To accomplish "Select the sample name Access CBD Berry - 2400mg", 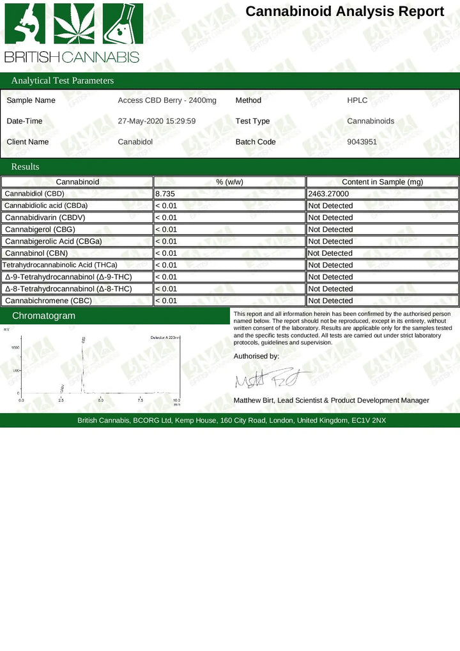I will click(167, 100).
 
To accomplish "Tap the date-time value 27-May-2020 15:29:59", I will click(157, 121).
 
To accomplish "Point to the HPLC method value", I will click(357, 100).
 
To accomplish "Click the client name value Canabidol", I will click(135, 142).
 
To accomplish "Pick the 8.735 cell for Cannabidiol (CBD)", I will click(165, 193).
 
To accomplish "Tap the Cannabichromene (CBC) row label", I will click(48, 301).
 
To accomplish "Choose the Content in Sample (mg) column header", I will click(382, 182).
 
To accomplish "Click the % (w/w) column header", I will click(229, 182).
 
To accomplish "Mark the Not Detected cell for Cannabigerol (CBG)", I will click(330, 230).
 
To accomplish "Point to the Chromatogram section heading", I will click(43, 316).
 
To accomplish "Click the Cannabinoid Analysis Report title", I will click(344, 12).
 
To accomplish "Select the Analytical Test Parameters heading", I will click(63, 81).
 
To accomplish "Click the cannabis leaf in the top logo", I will click(73, 24).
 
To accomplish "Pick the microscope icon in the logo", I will click(25, 24).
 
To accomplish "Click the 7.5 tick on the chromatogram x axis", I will click(140, 400).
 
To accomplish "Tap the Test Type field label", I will click(252, 121).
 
